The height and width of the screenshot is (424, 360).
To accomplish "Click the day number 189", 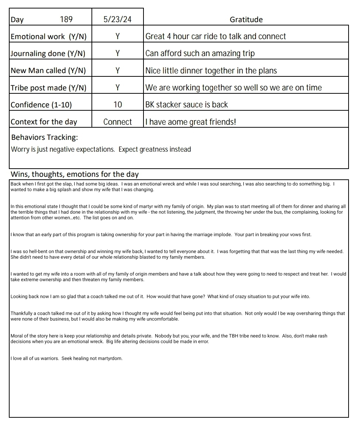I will [x=66, y=19].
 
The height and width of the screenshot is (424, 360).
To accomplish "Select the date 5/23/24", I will [x=117, y=19].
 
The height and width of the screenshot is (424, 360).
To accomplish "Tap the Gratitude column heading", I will [x=246, y=20].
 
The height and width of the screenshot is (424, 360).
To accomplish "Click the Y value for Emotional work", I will [x=117, y=36].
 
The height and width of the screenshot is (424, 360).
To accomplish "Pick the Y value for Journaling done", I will [x=117, y=53].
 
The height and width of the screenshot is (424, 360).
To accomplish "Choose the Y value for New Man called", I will [x=117, y=70].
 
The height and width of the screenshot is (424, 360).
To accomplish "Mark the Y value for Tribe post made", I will [x=117, y=87].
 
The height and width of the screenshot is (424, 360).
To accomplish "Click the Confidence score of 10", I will [x=117, y=104].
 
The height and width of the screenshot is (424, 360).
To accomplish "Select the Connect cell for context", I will [x=117, y=122].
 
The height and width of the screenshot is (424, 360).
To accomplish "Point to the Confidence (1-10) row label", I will [x=41, y=105].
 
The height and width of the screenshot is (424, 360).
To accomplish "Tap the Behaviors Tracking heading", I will [x=45, y=137].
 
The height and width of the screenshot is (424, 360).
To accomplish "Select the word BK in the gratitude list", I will [x=150, y=104].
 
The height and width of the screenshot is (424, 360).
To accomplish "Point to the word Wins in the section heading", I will [x=19, y=174].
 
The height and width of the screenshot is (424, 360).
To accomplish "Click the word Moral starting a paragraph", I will [x=17, y=336].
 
